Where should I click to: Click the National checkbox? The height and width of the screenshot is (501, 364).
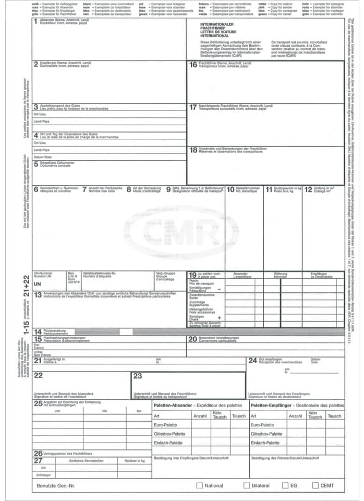[199, 485]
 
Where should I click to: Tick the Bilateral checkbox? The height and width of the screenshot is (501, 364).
[246, 485]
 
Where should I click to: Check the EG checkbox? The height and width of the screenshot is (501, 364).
[285, 485]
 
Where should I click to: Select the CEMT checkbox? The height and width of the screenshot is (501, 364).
[316, 485]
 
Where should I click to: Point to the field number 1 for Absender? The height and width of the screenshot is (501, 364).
[35, 22]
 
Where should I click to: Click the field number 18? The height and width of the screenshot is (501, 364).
[193, 150]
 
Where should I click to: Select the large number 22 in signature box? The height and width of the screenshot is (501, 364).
[38, 375]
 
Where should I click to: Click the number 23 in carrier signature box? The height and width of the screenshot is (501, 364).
[138, 375]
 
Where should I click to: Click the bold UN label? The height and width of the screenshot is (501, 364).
[37, 283]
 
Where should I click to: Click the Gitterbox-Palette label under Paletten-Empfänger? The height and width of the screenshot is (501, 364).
[266, 434]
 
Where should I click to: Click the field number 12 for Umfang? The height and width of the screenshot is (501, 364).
[308, 189]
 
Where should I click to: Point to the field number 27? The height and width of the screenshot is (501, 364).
[38, 460]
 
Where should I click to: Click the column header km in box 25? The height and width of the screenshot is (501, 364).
[139, 411]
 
